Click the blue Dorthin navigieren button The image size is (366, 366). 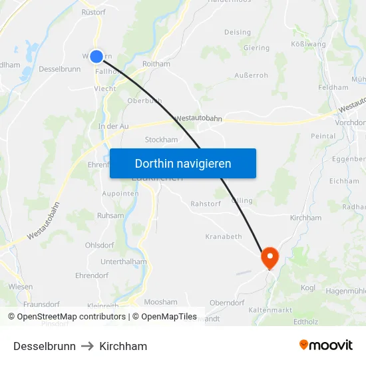[183, 163]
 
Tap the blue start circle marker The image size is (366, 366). [96, 57]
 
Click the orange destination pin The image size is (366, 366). [270, 256]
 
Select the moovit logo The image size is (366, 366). [325, 345]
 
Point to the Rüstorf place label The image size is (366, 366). [93, 12]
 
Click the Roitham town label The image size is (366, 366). [156, 64]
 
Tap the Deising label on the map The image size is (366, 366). [238, 32]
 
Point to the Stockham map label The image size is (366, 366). [161, 140]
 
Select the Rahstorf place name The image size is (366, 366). [205, 204]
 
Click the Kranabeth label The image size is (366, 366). [224, 236]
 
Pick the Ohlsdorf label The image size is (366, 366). [99, 244]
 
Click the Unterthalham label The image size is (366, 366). [124, 262]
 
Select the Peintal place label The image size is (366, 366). [323, 136]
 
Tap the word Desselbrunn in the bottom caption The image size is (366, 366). [45, 346]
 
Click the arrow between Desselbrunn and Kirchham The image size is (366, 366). [88, 346]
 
